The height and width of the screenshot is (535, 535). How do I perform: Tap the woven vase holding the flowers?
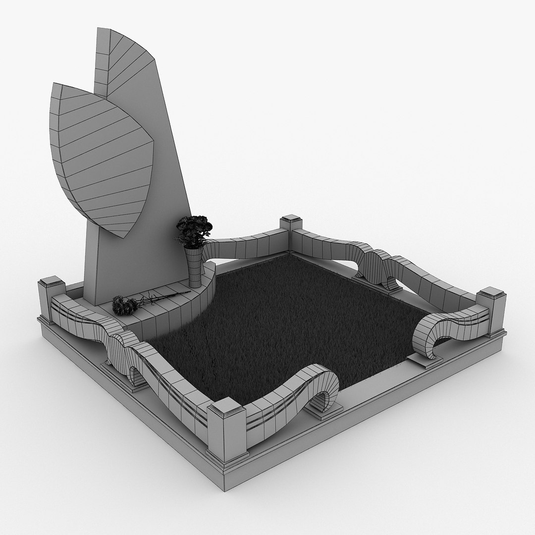click(195, 267)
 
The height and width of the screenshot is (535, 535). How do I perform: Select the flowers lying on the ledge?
click(124, 305)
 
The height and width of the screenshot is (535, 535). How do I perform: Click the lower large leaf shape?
click(99, 154)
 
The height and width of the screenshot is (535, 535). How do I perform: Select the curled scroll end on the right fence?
click(431, 337)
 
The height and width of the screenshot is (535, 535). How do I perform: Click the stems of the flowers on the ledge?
click(163, 297)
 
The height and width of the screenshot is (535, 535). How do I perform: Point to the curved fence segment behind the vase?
click(243, 248)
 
